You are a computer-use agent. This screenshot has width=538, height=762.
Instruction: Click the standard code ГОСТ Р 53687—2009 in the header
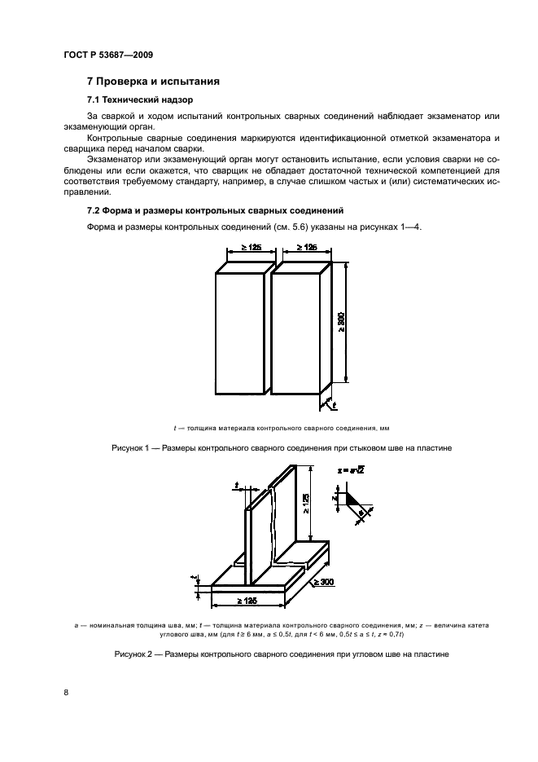tap(107, 55)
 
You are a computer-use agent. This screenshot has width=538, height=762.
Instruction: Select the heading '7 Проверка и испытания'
tap(151, 82)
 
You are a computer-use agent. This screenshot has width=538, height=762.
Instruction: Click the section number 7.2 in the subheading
tap(95, 210)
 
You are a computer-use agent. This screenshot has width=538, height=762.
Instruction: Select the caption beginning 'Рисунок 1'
tap(269, 448)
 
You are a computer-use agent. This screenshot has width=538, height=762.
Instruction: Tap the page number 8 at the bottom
tap(66, 692)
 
